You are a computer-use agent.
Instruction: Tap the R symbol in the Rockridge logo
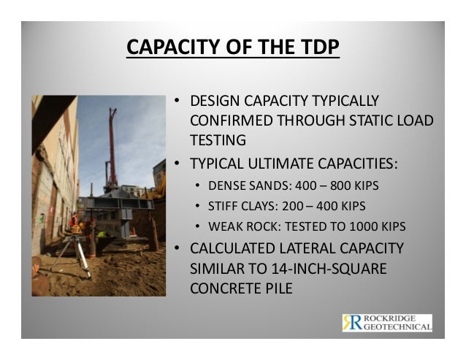click(x=351, y=323)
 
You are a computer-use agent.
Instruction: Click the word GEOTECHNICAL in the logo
click(x=398, y=328)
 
